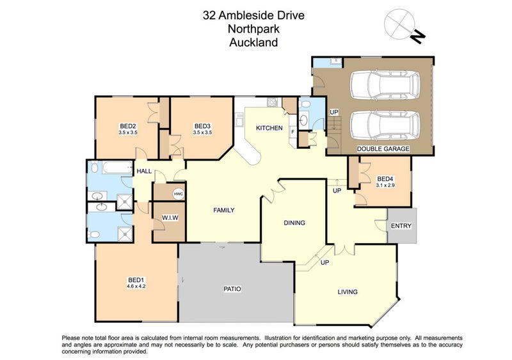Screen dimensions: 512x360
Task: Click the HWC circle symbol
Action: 179,194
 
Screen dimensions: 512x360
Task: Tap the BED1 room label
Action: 136,280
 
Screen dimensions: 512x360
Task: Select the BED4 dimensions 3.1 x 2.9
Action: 385,185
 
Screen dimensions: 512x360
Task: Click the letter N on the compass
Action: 417,36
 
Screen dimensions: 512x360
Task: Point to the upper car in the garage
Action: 385,84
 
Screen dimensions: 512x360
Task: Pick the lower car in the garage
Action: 385,125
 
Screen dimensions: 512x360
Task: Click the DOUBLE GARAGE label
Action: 383,149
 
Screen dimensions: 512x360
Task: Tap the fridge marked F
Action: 293,132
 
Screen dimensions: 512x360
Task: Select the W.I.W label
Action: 170,217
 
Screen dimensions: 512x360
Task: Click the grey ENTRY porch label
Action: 401,226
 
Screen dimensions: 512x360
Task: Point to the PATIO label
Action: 232,289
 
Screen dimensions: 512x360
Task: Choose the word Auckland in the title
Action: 253,42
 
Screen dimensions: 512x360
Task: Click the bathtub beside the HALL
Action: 117,168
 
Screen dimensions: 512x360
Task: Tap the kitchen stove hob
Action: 272,102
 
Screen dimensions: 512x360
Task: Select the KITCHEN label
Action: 269,128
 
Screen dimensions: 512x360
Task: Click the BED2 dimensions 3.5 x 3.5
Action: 128,132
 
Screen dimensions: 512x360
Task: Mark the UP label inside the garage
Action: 334,113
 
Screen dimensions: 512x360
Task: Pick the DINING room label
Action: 294,223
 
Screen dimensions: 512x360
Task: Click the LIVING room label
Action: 348,292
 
